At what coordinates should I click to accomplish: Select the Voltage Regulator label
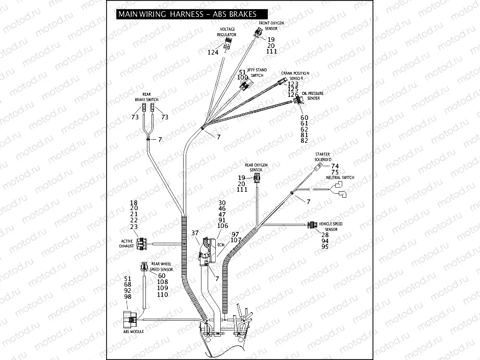[x=226, y=32]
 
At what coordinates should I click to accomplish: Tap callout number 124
[x=213, y=53]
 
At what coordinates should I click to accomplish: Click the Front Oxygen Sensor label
[x=271, y=26]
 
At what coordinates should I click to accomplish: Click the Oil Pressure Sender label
[x=312, y=95]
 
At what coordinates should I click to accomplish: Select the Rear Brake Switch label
[x=146, y=96]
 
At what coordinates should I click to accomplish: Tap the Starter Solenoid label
[x=322, y=156]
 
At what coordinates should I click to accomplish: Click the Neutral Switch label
[x=340, y=177]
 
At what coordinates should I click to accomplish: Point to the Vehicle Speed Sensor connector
[x=312, y=225]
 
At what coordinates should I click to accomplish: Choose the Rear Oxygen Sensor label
[x=256, y=167]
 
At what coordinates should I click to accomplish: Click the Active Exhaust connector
[x=141, y=243]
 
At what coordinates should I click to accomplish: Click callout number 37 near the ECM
[x=194, y=233]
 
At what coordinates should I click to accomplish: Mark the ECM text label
[x=220, y=244]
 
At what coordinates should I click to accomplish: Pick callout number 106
[x=222, y=226]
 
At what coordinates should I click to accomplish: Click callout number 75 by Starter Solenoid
[x=335, y=172]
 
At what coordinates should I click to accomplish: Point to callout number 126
[x=293, y=95]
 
